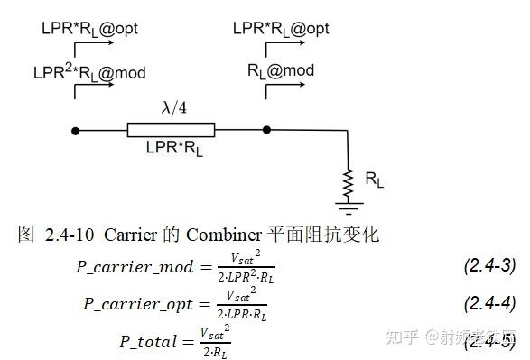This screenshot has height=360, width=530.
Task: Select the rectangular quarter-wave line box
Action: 171,131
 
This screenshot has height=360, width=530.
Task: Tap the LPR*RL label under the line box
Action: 174,149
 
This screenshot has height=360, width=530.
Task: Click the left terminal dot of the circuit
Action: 76,131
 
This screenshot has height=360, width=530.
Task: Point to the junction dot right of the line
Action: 265,131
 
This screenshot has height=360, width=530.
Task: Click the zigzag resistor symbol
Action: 347,182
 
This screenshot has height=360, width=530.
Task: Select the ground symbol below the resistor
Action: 347,207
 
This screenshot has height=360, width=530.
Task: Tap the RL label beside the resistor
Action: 374,180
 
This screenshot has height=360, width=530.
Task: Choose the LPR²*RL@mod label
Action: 88,71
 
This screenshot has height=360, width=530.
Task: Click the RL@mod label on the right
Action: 281,69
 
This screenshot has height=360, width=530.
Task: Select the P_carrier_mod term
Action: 135,267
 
